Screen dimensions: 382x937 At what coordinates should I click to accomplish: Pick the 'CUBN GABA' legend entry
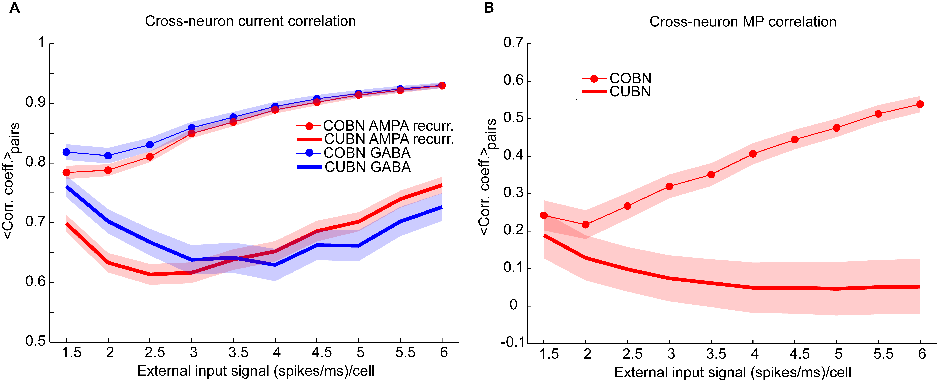pyautogui.click(x=367, y=167)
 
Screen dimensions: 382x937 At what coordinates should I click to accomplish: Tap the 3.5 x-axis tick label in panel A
pyautogui.click(x=238, y=353)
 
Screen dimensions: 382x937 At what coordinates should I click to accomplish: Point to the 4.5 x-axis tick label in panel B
pyautogui.click(x=799, y=354)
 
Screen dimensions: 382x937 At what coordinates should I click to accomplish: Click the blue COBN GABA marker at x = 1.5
pyautogui.click(x=67, y=152)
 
